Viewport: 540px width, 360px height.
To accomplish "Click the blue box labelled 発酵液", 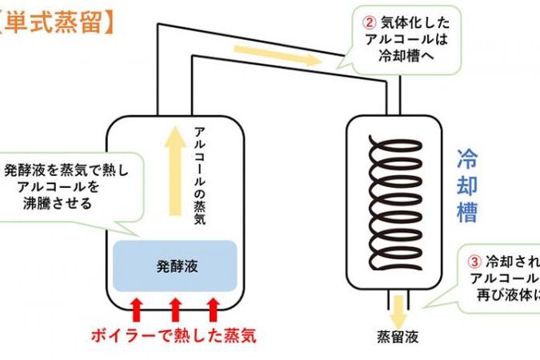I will (176, 265).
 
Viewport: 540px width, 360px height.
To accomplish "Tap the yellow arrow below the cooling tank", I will (397, 303).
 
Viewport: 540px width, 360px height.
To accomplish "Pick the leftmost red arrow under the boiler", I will (137, 307).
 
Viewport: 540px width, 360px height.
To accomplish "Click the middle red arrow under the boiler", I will (174, 307).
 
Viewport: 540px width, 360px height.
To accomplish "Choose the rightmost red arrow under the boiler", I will (212, 307).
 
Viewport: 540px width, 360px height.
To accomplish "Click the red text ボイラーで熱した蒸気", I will (175, 334).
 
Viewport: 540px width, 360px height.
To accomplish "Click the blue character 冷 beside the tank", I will (466, 156).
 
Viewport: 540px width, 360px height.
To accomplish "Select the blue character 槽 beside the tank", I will (466, 212).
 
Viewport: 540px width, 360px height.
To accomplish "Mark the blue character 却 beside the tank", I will (466, 184).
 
